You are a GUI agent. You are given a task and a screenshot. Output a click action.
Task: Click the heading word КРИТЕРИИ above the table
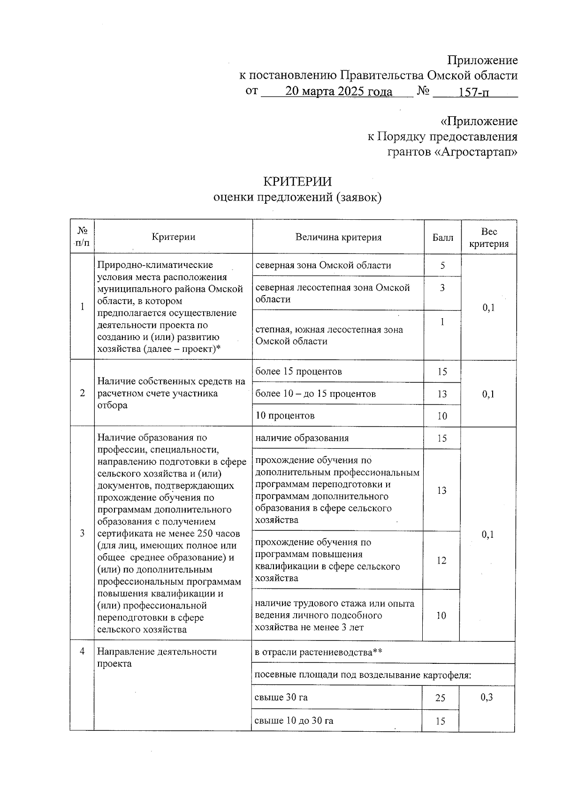pos(297,181)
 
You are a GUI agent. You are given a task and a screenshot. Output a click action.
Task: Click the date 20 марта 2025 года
pos(338,91)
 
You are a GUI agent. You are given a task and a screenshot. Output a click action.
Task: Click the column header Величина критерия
pos(338,237)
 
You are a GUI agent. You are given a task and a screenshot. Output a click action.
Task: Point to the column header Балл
pos(442,238)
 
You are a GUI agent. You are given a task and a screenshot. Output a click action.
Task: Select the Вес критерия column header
pos(489,238)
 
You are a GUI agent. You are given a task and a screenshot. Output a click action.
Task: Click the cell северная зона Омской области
pos(323,265)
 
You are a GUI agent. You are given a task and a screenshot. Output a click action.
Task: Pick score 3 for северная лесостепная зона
pos(442,288)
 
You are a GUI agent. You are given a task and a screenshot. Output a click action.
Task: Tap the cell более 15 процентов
pos(298,371)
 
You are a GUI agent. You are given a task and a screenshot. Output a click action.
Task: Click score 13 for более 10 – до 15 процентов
pos(442,394)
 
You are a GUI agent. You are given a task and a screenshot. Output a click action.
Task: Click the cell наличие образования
pos(302,438)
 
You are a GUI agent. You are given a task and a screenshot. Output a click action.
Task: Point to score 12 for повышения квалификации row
pos(441,560)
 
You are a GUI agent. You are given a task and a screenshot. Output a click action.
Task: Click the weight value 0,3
pos(487,697)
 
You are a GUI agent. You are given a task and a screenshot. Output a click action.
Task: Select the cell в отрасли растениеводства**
pos(318,652)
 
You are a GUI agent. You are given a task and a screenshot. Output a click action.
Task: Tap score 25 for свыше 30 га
pos(440,698)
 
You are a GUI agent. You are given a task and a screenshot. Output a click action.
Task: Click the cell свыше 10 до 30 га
pos(294,721)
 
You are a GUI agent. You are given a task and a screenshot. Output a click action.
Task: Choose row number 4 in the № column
pos(83,651)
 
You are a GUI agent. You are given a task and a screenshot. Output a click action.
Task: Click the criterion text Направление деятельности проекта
pos(157,657)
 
